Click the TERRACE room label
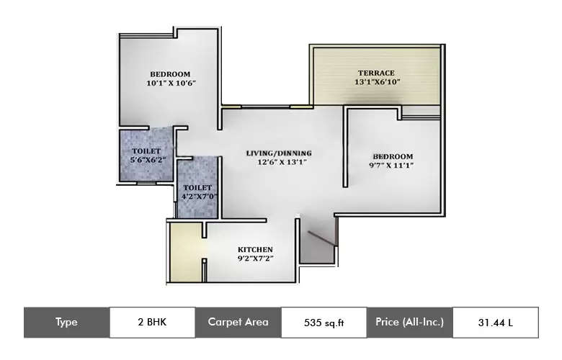376,73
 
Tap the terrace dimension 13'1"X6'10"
376,82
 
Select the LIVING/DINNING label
278,153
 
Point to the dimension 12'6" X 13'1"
278,162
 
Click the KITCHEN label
255,249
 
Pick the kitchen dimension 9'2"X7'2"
255,258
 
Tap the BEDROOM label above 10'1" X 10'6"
170,73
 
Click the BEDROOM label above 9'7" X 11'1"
393,156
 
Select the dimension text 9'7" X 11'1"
393,166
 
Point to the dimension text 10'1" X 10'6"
171,83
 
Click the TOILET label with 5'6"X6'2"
146,150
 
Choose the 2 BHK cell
152,323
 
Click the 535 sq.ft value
324,323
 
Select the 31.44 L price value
495,323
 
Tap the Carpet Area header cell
238,323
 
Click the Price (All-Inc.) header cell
409,323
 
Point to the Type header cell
66,323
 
